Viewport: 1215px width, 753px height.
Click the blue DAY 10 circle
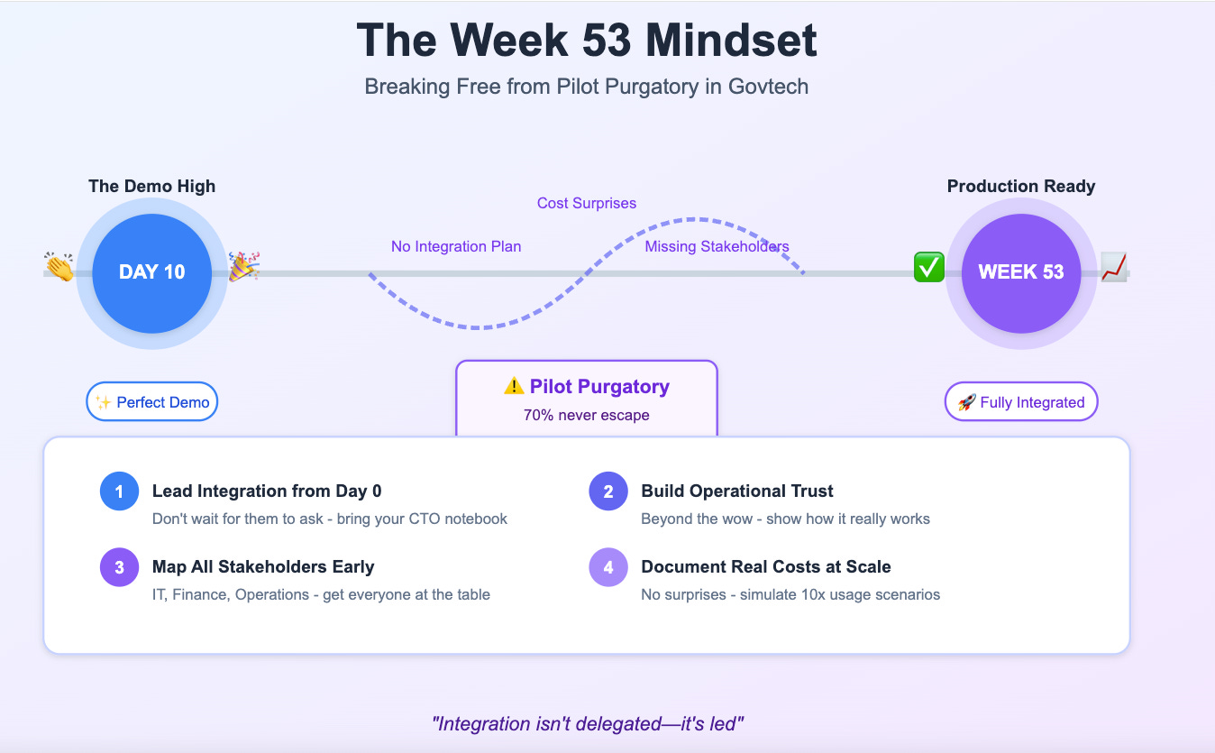(x=151, y=272)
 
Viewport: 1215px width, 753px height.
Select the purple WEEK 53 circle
(x=1020, y=272)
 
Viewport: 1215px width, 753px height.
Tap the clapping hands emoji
(x=59, y=267)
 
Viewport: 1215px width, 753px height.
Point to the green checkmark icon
(x=928, y=267)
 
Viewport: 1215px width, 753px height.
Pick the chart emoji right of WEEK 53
(x=1114, y=267)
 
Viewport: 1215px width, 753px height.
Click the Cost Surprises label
(x=587, y=203)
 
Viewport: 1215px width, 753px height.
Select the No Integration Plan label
(x=456, y=246)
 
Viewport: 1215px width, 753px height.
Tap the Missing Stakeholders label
(x=717, y=246)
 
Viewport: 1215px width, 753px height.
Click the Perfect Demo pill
(x=152, y=402)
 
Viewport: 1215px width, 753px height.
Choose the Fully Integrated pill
(x=1020, y=402)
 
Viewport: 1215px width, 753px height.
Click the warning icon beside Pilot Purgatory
(x=514, y=387)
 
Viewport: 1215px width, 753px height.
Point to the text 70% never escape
(x=586, y=415)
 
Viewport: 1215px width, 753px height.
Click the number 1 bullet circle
(x=119, y=491)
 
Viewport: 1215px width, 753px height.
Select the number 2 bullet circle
(x=608, y=491)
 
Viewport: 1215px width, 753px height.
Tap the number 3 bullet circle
(x=119, y=567)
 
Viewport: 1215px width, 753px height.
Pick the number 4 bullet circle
(x=608, y=567)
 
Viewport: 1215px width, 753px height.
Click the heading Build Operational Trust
(x=736, y=491)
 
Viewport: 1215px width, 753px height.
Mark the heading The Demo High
(x=151, y=187)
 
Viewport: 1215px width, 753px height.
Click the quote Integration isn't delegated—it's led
(x=587, y=723)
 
